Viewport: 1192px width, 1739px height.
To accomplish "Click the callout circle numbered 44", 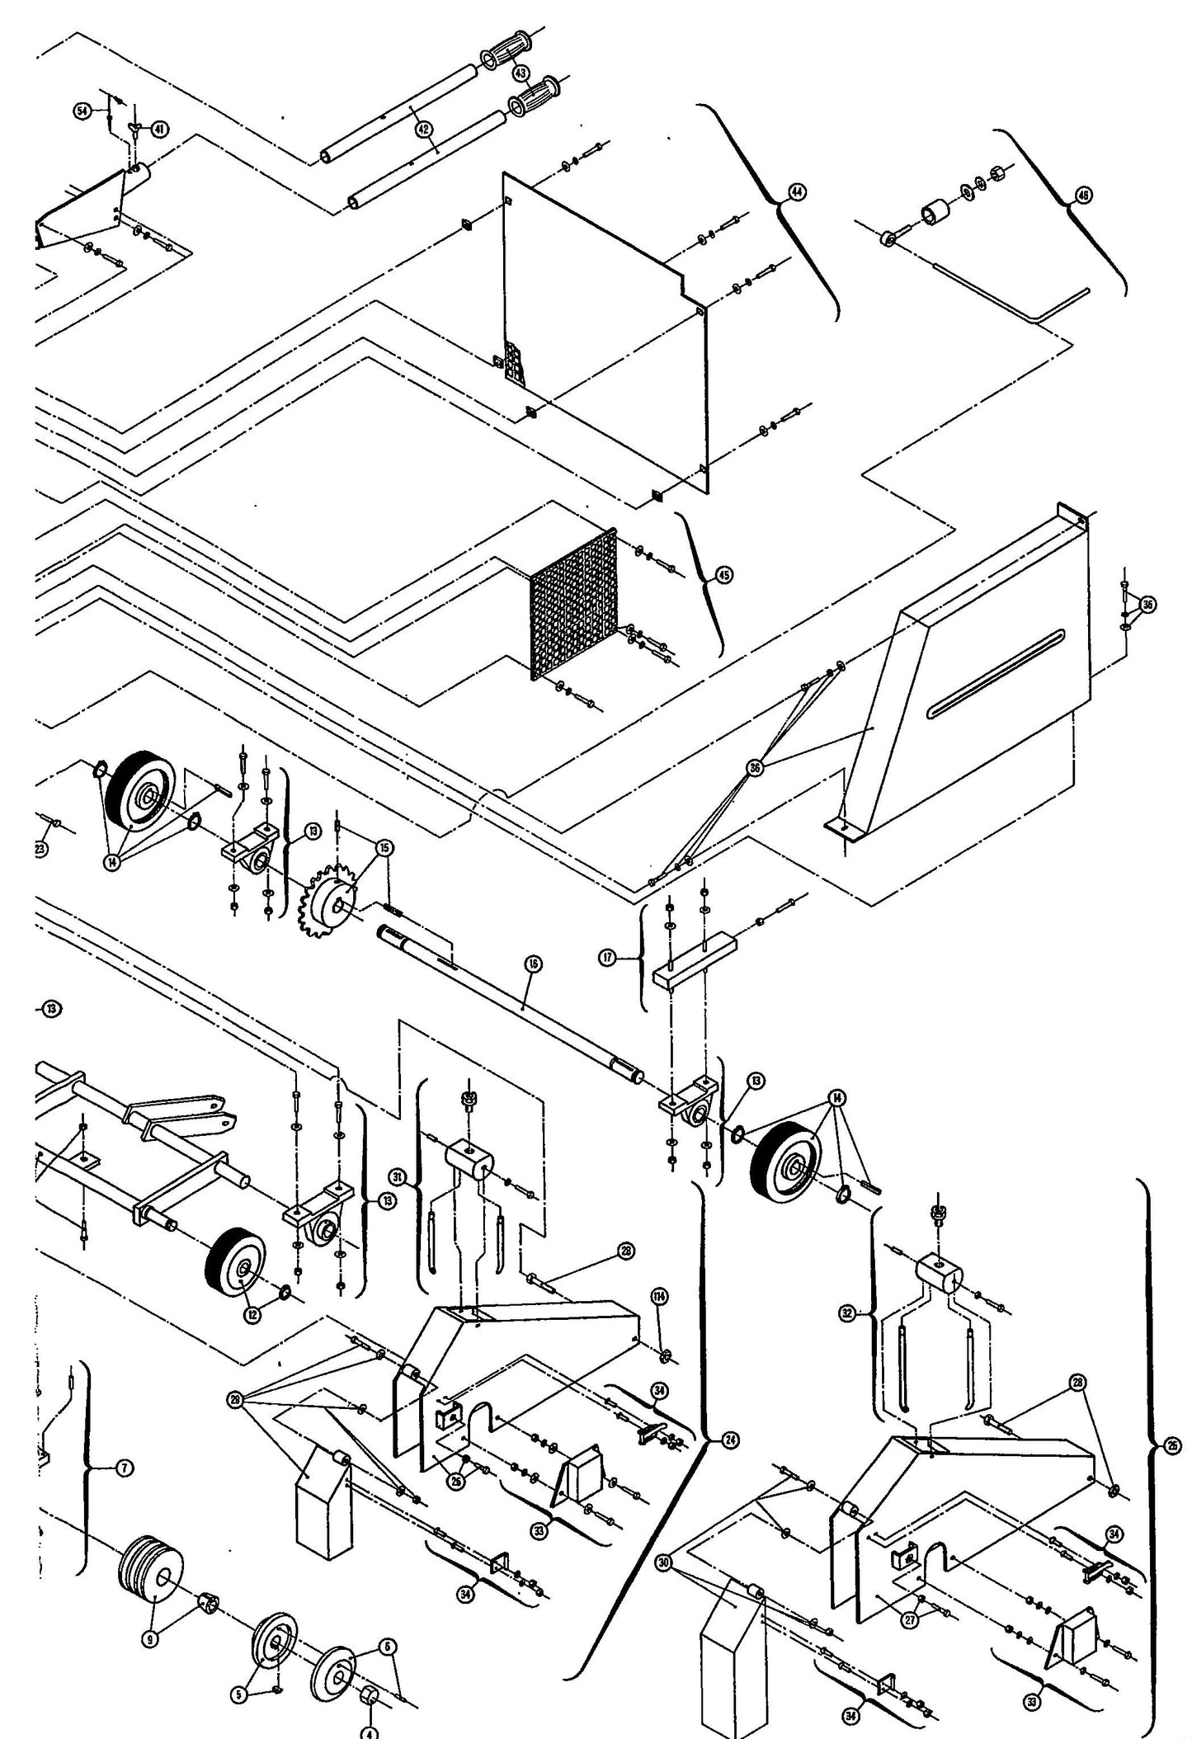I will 796,192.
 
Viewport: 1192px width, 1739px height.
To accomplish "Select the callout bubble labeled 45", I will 723,576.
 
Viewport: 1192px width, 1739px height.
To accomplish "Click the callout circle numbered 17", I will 609,959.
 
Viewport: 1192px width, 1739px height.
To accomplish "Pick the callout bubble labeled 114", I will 659,1298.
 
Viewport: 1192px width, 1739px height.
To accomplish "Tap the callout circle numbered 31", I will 398,1177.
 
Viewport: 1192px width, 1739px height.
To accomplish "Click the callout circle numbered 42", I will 423,128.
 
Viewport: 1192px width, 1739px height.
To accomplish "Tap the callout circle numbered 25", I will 1173,1444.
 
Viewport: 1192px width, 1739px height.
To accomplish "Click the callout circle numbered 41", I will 158,129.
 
